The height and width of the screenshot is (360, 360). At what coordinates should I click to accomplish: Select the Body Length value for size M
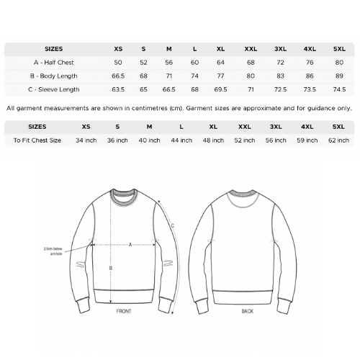point(168,76)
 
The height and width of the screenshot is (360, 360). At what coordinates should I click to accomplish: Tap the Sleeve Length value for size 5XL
point(338,89)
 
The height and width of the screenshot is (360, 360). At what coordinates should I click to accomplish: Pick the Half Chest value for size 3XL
point(280,62)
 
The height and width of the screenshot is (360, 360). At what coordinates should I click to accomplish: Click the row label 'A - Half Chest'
point(53,62)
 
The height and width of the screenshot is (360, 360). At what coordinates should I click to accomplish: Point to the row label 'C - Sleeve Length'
point(53,89)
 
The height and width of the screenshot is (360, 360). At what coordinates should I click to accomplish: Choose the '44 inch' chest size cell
point(181,140)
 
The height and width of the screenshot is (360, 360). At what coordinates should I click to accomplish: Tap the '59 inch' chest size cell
point(307,140)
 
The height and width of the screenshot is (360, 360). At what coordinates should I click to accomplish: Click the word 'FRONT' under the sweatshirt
point(124,312)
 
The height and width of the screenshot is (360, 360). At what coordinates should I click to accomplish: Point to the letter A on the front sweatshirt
point(130,244)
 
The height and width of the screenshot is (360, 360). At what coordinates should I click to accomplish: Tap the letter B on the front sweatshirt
point(109,268)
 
